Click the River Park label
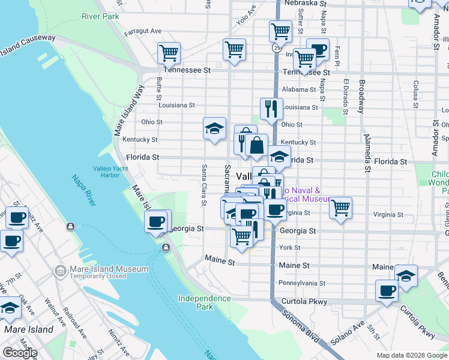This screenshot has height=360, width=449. coord(100,16)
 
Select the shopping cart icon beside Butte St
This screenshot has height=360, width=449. coord(169,53)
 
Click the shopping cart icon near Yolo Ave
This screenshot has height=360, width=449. coord(234,49)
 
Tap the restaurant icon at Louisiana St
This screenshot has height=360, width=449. coord(271,109)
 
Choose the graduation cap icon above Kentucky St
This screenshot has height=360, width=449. coord(214,128)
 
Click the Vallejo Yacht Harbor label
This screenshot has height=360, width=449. coord(110,172)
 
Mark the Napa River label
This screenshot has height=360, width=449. coord(83,189)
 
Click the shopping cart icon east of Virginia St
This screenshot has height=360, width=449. coord(340,208)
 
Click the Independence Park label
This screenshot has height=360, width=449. coord(204,302)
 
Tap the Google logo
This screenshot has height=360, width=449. coord(20,353)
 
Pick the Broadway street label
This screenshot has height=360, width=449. coord(361,97)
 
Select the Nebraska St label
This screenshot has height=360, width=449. coord(306,3)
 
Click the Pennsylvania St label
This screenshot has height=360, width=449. coord(301,283)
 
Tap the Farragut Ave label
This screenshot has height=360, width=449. coord(142,31)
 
